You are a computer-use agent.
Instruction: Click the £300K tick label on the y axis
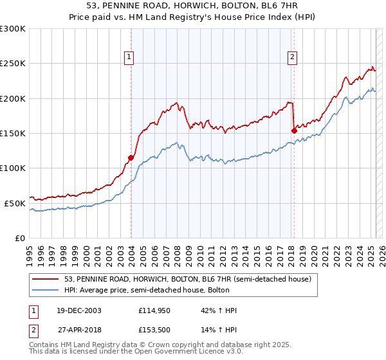point(13,29)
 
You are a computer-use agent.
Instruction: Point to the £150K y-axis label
point(13,133)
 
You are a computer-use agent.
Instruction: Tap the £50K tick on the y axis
point(15,203)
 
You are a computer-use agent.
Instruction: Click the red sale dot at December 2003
point(131,157)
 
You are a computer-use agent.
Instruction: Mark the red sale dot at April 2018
point(294,130)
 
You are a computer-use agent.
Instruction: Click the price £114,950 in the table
point(154,310)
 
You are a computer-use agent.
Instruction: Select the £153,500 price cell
point(154,330)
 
